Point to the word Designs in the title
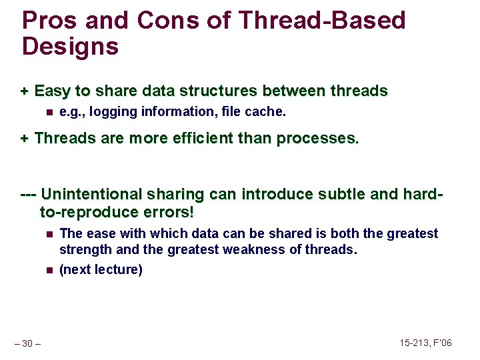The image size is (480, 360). coord(71,47)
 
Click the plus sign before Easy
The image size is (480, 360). coord(25,91)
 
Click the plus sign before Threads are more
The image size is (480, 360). coord(25,139)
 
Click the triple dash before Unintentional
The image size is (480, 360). coord(29,195)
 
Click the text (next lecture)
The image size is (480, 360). coord(101,270)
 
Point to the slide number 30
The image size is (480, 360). coord(29,343)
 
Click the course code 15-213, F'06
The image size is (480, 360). coord(425,343)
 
